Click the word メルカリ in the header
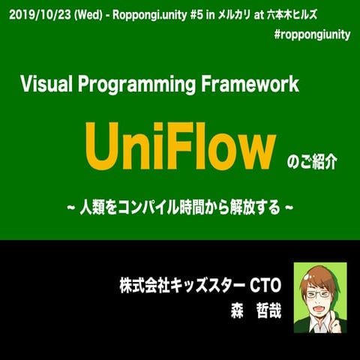[254, 13]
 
